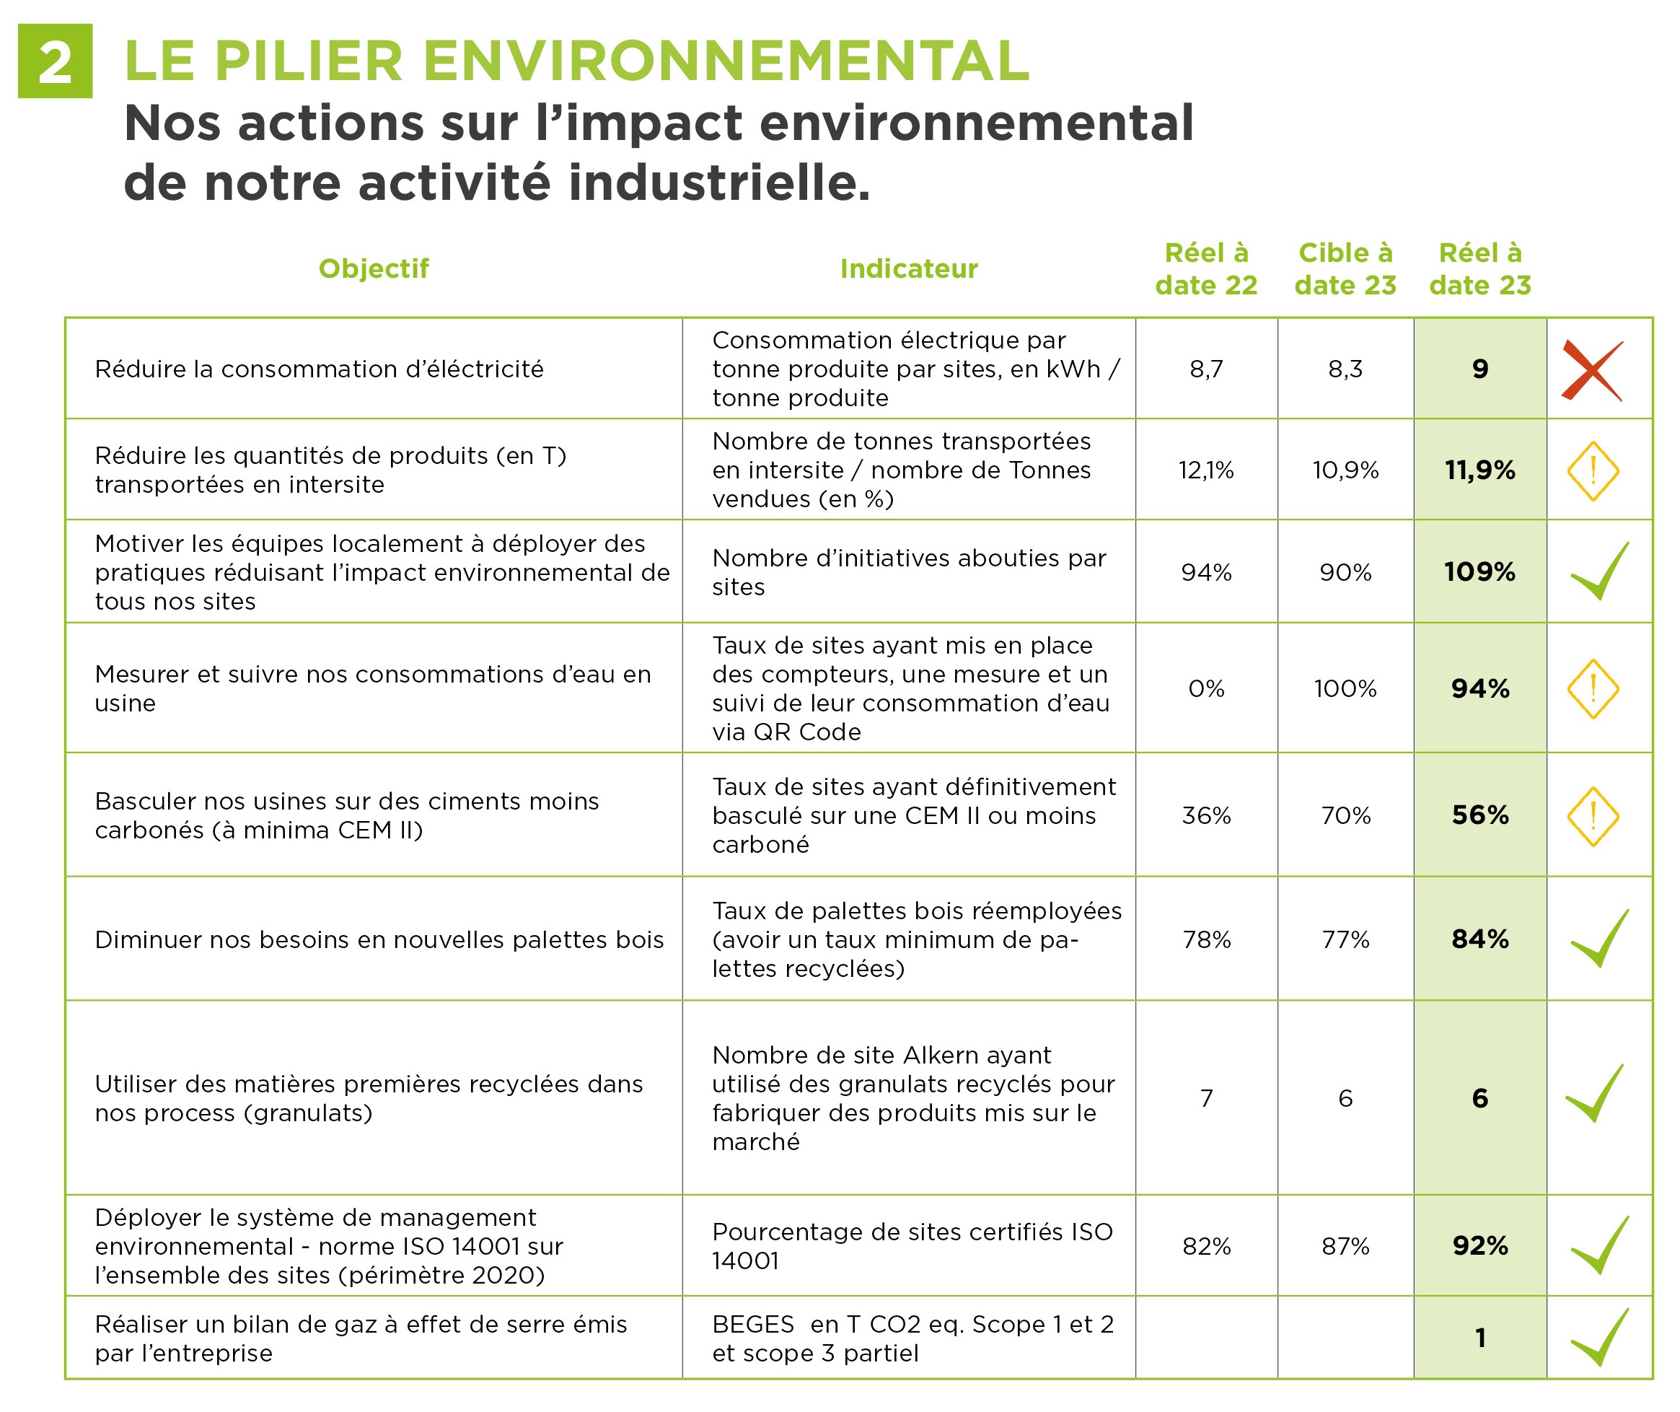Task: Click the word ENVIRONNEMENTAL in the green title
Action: [x=725, y=61]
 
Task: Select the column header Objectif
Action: [x=373, y=268]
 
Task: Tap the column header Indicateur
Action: [x=908, y=268]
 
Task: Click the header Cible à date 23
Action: [x=1345, y=268]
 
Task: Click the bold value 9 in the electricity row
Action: [x=1480, y=369]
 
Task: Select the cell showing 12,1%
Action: [x=1205, y=470]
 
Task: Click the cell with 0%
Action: [x=1205, y=688]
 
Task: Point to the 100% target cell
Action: [x=1345, y=688]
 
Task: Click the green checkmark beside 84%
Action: [x=1598, y=938]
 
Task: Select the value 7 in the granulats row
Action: [x=1205, y=1097]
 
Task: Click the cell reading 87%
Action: [x=1345, y=1245]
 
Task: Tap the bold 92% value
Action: [x=1480, y=1245]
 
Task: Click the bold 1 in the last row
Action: [x=1480, y=1338]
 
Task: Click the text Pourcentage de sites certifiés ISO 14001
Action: [x=912, y=1245]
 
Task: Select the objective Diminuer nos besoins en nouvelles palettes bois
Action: [x=379, y=939]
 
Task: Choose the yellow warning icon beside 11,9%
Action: [x=1592, y=470]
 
